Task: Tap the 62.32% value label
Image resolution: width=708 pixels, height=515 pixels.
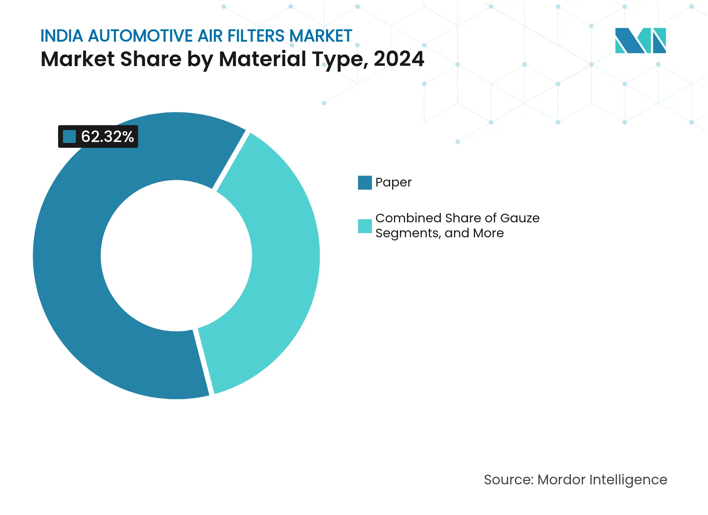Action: pyautogui.click(x=107, y=137)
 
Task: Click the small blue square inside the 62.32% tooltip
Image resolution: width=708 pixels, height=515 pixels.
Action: pyautogui.click(x=69, y=137)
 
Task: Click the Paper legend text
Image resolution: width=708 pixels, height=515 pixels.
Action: pyautogui.click(x=393, y=182)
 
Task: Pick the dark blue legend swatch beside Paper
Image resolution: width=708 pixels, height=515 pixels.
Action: pyautogui.click(x=365, y=182)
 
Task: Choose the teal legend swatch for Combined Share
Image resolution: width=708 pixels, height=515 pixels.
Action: pyautogui.click(x=365, y=226)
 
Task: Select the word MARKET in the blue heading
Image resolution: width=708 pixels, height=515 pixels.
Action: pyautogui.click(x=320, y=36)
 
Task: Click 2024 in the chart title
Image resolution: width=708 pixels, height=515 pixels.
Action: pyautogui.click(x=399, y=59)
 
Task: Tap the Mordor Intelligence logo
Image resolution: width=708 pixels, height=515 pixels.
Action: pyautogui.click(x=640, y=40)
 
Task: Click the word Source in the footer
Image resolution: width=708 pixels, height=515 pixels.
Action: pyautogui.click(x=508, y=480)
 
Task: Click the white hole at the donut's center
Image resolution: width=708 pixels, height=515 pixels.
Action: pyautogui.click(x=176, y=256)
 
